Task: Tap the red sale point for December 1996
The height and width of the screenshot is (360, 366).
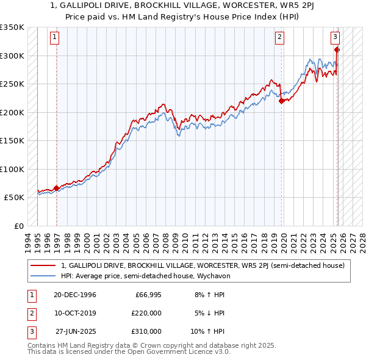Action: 57,188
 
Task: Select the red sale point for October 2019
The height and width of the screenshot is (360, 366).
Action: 281,101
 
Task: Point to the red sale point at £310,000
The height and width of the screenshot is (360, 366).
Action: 337,50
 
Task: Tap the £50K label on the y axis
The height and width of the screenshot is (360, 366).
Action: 13,198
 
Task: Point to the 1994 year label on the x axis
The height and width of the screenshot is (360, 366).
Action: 28,239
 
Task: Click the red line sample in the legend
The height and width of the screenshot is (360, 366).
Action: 43,265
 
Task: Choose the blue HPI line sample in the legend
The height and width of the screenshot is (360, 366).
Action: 43,275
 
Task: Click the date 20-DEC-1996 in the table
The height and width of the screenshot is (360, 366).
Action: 75,295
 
